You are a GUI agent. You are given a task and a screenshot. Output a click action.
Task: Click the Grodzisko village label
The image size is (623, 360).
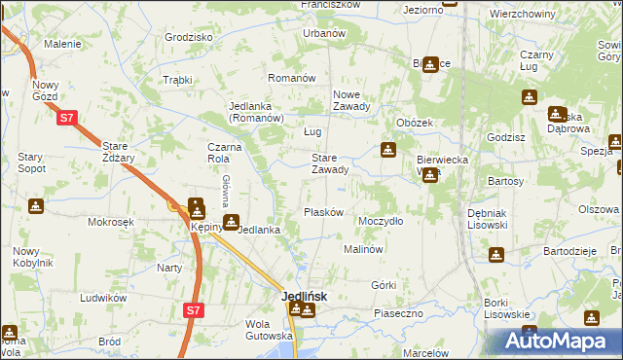[x=189, y=37]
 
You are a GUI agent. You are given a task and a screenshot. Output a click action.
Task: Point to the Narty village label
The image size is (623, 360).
[x=169, y=267]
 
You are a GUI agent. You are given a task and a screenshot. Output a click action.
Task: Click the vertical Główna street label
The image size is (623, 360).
[x=226, y=191]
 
